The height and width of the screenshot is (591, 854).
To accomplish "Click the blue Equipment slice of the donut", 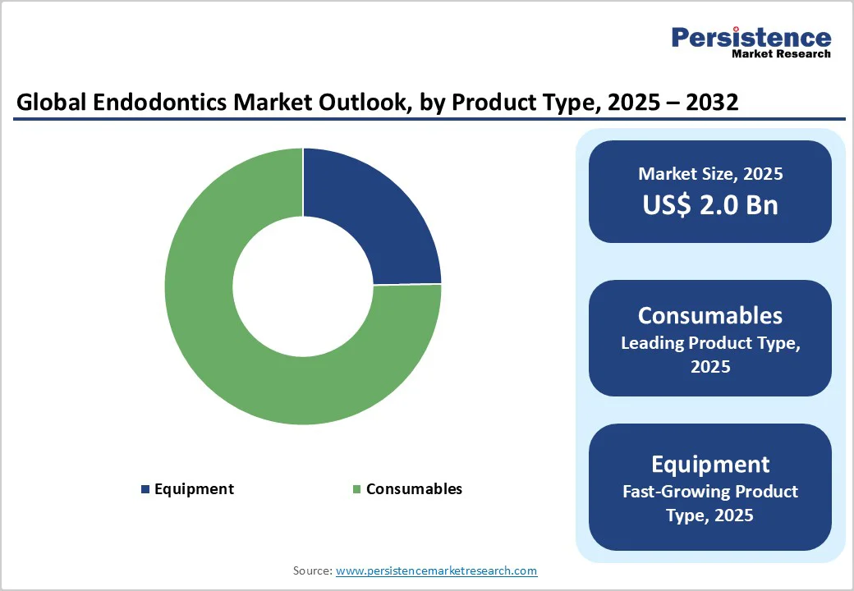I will tap(370, 222).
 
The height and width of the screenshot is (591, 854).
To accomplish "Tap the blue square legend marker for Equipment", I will tap(145, 489).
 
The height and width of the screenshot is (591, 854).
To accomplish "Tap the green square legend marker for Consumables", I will tap(356, 489).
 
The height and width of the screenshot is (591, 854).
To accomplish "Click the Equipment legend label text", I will tap(194, 489).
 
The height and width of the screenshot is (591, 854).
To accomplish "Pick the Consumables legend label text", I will tap(414, 489).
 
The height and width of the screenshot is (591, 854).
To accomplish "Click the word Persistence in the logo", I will tap(751, 37).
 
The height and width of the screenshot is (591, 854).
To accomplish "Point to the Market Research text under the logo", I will tap(780, 54).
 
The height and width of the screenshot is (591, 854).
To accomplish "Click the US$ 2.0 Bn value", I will tap(710, 204).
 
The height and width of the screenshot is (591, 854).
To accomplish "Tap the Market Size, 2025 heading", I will tap(710, 174).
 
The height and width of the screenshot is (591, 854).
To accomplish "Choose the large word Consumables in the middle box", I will tap(710, 315).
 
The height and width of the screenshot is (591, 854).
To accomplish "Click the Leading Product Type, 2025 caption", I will tap(710, 355).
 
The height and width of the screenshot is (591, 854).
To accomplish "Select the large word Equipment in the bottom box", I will tap(710, 464).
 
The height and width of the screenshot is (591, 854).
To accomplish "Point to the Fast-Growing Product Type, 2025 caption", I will tap(710, 503).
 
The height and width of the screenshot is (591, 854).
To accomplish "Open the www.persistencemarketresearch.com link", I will tap(436, 570).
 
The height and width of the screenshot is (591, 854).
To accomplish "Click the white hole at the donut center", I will tap(302, 286).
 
